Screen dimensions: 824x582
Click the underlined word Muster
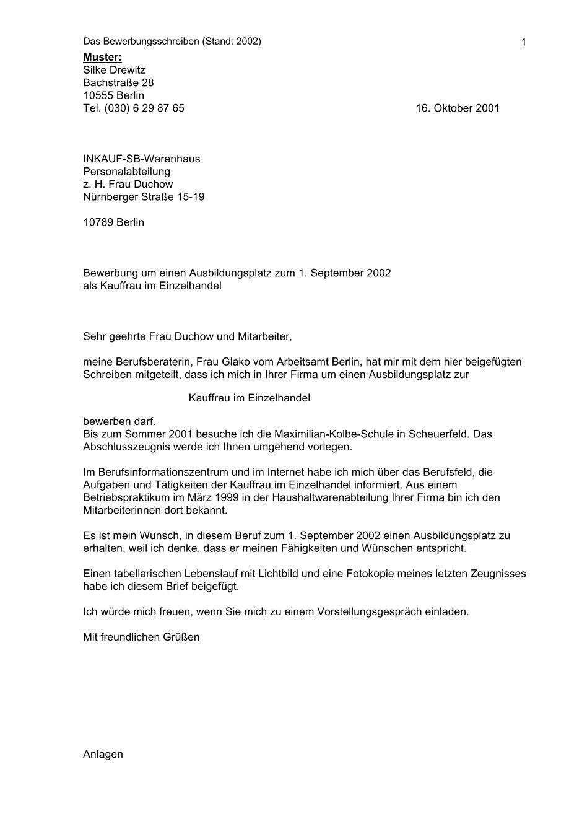click(102, 58)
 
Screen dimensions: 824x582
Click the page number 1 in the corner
click(524, 42)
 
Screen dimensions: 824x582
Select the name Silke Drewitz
click(114, 70)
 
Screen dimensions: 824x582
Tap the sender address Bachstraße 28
click(118, 82)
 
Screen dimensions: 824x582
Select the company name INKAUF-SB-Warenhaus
click(141, 159)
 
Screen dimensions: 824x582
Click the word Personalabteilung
click(126, 171)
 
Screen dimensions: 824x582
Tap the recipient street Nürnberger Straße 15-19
click(144, 197)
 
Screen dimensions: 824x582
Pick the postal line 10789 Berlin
click(113, 222)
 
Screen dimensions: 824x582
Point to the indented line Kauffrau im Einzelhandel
click(249, 398)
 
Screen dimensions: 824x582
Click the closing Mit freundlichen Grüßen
click(141, 637)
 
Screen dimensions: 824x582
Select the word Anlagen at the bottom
click(103, 754)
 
